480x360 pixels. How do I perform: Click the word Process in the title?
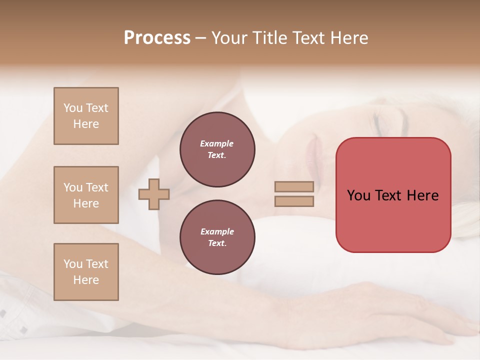point(157,37)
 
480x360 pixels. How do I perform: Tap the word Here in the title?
point(348,37)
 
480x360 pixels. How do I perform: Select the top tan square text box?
point(86,116)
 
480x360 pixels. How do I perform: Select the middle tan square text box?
point(86,195)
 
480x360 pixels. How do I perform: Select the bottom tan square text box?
point(86,272)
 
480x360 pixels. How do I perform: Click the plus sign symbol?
point(154,194)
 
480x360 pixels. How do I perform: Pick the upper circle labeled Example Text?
point(217,149)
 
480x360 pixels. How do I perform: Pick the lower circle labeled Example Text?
point(217,237)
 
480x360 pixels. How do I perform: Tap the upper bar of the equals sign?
point(294,186)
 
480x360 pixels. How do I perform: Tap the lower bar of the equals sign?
point(294,201)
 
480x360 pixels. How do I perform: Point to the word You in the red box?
point(359,195)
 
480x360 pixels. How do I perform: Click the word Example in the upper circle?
point(216,143)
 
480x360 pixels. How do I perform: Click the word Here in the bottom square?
point(86,280)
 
